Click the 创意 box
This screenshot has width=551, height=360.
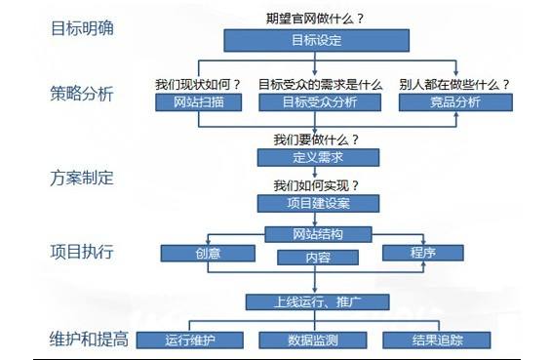[x=206, y=254]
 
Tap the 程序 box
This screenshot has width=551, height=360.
[x=421, y=254]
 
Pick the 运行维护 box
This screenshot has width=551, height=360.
[x=189, y=340]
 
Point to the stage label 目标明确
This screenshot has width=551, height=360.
[x=82, y=27]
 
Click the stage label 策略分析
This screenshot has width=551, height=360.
[x=82, y=95]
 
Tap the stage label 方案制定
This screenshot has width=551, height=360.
[x=82, y=179]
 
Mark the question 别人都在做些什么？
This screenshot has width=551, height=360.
[x=454, y=84]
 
